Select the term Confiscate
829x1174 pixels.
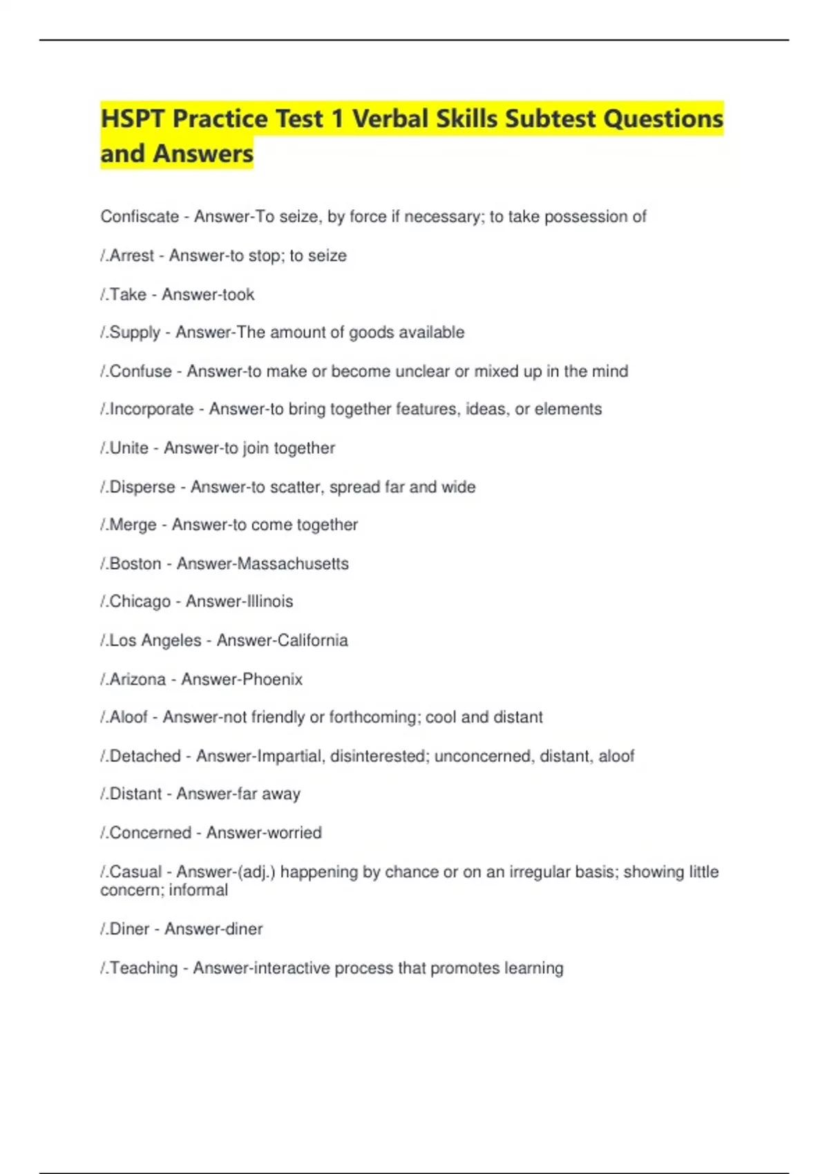tap(140, 217)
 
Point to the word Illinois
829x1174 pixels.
tap(267, 602)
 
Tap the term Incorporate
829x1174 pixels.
tap(151, 410)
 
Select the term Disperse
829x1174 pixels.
tap(142, 487)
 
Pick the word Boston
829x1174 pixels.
tap(135, 564)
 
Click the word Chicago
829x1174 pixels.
tap(140, 602)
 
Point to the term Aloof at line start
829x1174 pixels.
tap(128, 718)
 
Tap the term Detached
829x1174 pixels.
tap(145, 756)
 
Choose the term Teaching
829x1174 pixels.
tap(144, 968)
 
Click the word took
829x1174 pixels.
tap(238, 295)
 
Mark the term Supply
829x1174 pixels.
tap(135, 333)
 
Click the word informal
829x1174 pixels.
tap(198, 890)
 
